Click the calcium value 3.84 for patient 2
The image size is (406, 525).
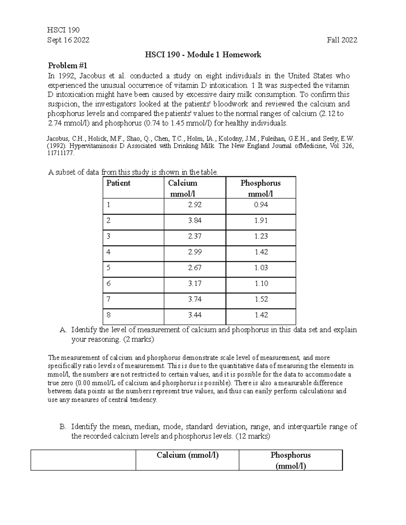click(195, 220)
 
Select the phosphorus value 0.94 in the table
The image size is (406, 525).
click(261, 205)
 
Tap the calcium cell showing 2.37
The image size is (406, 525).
click(195, 236)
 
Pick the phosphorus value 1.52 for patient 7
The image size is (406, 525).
click(261, 299)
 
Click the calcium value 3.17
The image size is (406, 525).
click(195, 283)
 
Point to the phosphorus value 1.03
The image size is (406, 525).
click(261, 268)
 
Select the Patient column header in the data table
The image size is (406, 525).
click(118, 183)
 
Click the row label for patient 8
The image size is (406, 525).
click(108, 315)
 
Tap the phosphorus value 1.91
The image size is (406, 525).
click(261, 220)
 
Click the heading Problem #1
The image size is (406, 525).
click(68, 66)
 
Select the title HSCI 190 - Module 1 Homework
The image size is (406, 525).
click(203, 55)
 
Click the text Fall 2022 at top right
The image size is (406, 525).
click(342, 40)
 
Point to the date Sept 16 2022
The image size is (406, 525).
click(69, 40)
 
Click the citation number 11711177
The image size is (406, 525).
click(60, 153)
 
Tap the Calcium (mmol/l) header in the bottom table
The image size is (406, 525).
click(187, 455)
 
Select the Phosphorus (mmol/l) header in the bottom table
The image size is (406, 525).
click(290, 460)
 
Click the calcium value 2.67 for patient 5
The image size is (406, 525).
click(195, 268)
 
